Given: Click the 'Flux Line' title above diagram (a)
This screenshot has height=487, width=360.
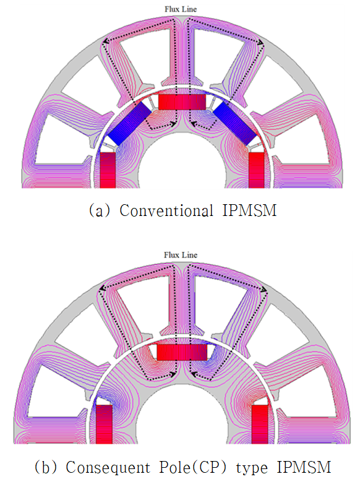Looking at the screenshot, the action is coord(181,9).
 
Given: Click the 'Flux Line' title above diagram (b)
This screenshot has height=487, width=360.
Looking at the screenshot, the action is coord(181,255).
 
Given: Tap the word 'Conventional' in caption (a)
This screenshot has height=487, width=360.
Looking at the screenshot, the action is coord(166,210).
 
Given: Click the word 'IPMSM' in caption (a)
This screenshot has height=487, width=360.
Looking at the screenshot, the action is coord(249,210).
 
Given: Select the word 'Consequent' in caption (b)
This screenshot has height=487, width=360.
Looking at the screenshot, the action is coord(108,467).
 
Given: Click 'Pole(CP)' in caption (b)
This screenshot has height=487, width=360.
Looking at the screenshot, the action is coord(193,467).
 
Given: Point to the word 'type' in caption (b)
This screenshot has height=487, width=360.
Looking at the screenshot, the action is coord(252,468).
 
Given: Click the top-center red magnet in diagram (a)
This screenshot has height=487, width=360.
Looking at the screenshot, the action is coord(182,102).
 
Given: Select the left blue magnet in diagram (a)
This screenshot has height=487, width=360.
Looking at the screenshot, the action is coord(129,124).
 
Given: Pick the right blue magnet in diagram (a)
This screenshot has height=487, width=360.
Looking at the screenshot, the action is coord(235,124).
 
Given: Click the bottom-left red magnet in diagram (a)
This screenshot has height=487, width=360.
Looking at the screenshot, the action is coord(108,170).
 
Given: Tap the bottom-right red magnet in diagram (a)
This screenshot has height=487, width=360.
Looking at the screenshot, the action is coord(257,170).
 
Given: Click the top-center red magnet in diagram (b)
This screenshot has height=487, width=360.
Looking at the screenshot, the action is coord(182,352).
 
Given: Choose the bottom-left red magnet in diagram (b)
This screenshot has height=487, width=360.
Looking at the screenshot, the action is coord(104,425).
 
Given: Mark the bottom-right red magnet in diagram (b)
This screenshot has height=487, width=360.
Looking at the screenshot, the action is coord(259,425).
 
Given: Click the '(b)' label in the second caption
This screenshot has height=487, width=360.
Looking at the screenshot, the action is coord(45,468).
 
